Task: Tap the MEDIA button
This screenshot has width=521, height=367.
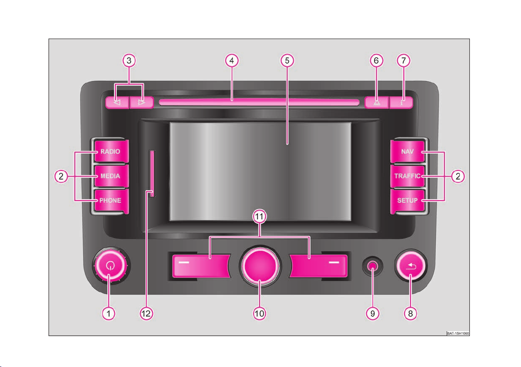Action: tap(111, 176)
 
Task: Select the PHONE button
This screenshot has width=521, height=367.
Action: tap(111, 201)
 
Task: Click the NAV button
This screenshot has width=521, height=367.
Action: tap(408, 152)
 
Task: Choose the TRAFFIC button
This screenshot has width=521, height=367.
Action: tap(408, 176)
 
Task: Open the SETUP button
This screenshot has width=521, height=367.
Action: tap(408, 201)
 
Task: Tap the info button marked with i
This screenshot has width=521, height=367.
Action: tap(401, 103)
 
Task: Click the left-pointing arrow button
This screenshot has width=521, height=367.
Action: tap(117, 103)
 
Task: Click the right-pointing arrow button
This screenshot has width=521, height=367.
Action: tap(142, 103)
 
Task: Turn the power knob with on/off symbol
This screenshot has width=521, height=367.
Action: tap(110, 265)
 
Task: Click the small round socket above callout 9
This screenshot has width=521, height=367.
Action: tap(373, 266)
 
